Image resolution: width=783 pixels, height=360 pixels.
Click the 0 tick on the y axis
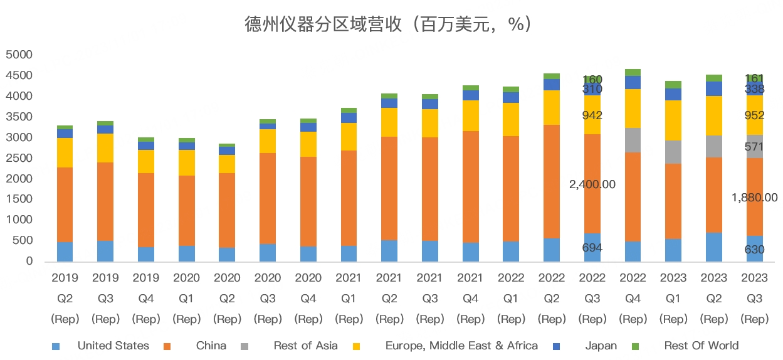pyautogui.click(x=27, y=262)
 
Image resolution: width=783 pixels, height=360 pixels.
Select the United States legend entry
pyautogui.click(x=113, y=346)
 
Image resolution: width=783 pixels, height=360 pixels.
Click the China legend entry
pyautogui.click(x=211, y=346)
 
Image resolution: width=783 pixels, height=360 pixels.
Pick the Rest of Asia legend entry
pyautogui.click(x=305, y=346)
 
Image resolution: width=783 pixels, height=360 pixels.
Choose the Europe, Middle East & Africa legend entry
pyautogui.click(x=461, y=346)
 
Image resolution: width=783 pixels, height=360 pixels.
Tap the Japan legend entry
pyautogui.click(x=601, y=346)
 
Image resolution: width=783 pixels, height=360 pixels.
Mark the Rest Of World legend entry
pyautogui.click(x=701, y=346)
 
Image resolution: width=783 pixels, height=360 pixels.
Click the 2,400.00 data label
pyautogui.click(x=592, y=184)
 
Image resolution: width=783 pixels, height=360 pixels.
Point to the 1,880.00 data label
pyautogui.click(x=754, y=198)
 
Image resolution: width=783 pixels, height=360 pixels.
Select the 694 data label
pyautogui.click(x=592, y=248)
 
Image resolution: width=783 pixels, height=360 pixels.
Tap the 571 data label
pyautogui.click(x=754, y=147)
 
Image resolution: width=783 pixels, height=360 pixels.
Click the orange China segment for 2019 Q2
pyautogui.click(x=65, y=204)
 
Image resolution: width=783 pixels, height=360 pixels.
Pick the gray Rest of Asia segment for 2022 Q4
pyautogui.click(x=633, y=140)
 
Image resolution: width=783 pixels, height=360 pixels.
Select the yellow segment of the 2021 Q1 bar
pyautogui.click(x=349, y=136)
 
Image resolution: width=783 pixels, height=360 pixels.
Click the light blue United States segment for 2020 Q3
pyautogui.click(x=268, y=252)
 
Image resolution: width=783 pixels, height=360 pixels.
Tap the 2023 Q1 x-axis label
pyautogui.click(x=673, y=298)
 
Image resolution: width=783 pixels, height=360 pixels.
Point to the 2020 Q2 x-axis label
pyautogui.click(x=227, y=298)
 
